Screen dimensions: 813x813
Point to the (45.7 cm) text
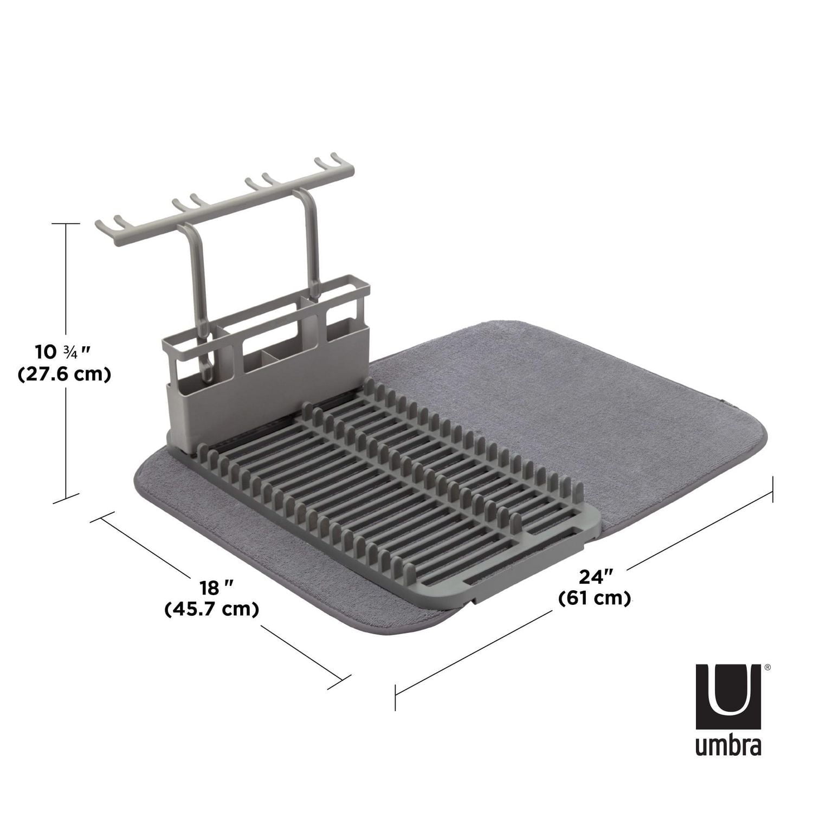(x=211, y=609)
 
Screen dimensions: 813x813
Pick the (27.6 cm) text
(x=64, y=375)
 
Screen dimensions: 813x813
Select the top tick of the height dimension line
(x=67, y=224)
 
